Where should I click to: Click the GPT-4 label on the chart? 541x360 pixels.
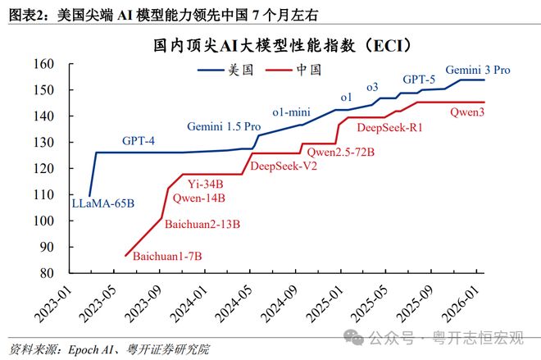point(139,140)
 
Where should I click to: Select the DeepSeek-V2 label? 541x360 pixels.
point(284,166)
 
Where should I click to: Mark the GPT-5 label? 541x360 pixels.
point(418,80)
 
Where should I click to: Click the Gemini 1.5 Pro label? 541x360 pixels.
point(224,127)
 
